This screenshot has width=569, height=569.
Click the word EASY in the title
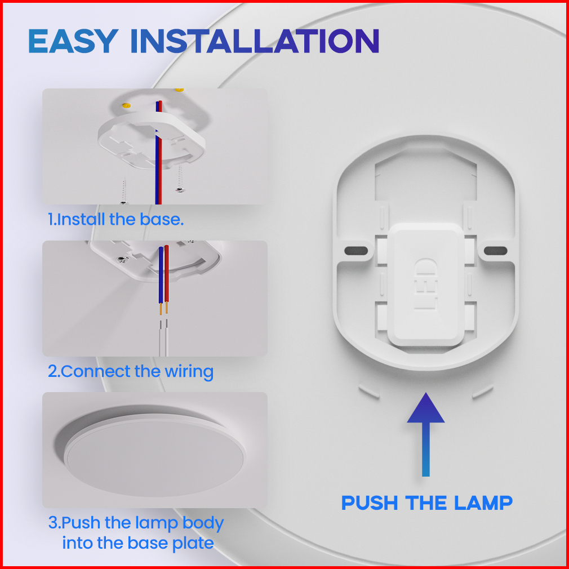click(74, 41)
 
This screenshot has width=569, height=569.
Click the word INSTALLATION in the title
click(255, 41)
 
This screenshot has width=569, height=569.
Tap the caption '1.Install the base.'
click(115, 220)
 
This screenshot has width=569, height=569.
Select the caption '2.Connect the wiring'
click(131, 372)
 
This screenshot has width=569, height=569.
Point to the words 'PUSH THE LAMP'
click(427, 503)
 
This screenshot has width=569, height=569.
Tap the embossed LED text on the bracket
click(425, 284)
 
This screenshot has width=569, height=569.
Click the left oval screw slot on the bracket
click(356, 250)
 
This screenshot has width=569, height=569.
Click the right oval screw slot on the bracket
click(495, 250)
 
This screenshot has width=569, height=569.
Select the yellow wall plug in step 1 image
click(126, 105)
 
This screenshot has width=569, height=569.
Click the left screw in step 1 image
click(124, 191)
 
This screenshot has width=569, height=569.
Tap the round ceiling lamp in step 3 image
click(155, 458)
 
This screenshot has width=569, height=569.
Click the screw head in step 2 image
click(122, 260)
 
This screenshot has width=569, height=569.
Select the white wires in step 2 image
click(163, 337)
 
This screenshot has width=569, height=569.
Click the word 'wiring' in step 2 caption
click(189, 372)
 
